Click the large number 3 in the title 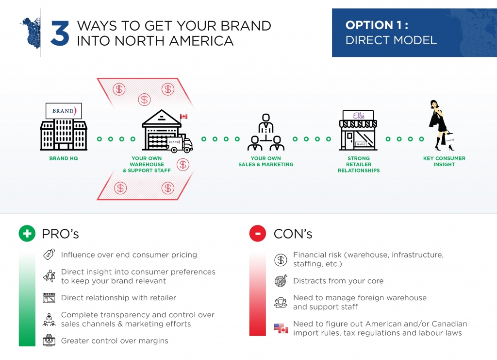point(59,33)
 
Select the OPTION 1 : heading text point(376,25)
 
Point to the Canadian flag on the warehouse point(183,117)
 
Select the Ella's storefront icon point(358,130)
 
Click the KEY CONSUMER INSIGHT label point(444,161)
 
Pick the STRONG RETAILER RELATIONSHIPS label point(359,164)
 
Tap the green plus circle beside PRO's point(27,234)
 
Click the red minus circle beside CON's point(258,234)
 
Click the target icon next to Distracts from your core point(281,281)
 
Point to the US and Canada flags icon point(281,329)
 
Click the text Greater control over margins point(115,341)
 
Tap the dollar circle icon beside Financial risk point(281,259)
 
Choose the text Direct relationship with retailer point(118,297)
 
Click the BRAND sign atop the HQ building point(64,111)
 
